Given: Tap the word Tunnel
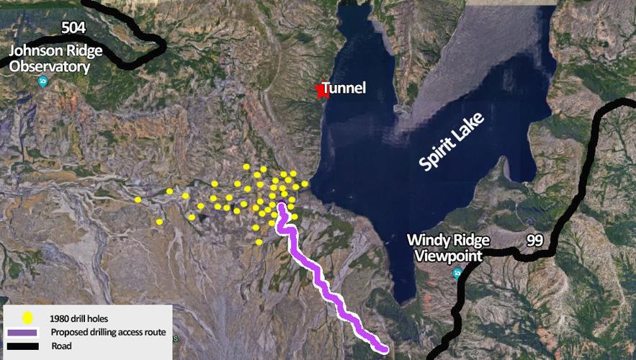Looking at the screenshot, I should (x=344, y=89).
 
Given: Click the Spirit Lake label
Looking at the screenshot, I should (x=452, y=141).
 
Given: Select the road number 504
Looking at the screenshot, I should (x=73, y=28).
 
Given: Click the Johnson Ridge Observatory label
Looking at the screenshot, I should (x=49, y=59).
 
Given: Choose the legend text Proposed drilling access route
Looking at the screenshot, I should (x=108, y=333).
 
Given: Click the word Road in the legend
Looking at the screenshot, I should (x=61, y=346).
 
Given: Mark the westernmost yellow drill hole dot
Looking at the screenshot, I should (x=138, y=199).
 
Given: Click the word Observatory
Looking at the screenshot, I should (x=49, y=67).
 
